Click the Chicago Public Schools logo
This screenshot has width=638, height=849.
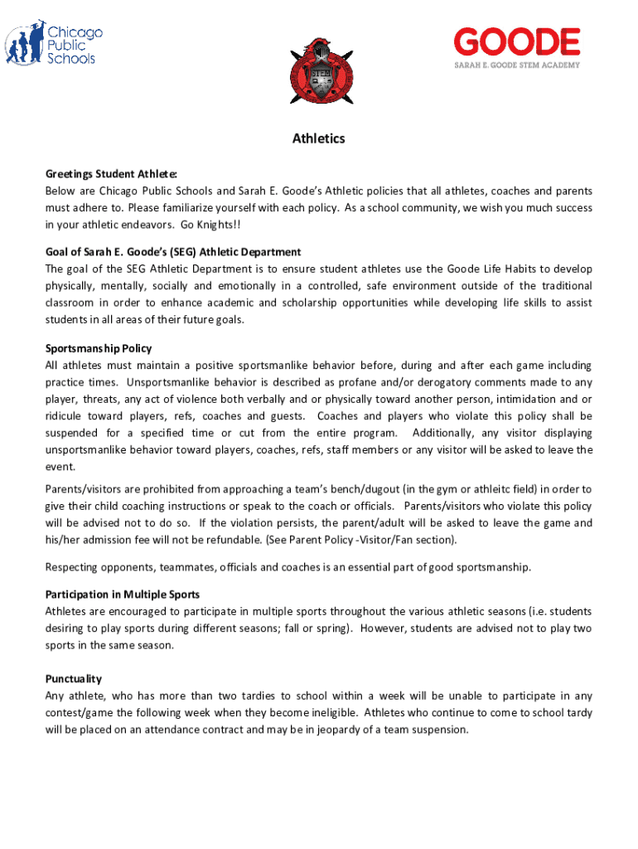click(54, 46)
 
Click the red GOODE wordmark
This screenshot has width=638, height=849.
click(516, 42)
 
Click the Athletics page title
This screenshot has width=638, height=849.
click(318, 138)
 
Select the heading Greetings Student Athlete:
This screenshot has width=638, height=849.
click(111, 173)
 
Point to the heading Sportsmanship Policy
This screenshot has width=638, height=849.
click(99, 348)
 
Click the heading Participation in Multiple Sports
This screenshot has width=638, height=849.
click(122, 594)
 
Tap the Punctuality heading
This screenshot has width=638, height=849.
click(74, 678)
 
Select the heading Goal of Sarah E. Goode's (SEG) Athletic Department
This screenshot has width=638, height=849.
click(173, 251)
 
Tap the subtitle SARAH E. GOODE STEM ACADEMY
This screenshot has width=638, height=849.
click(515, 65)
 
